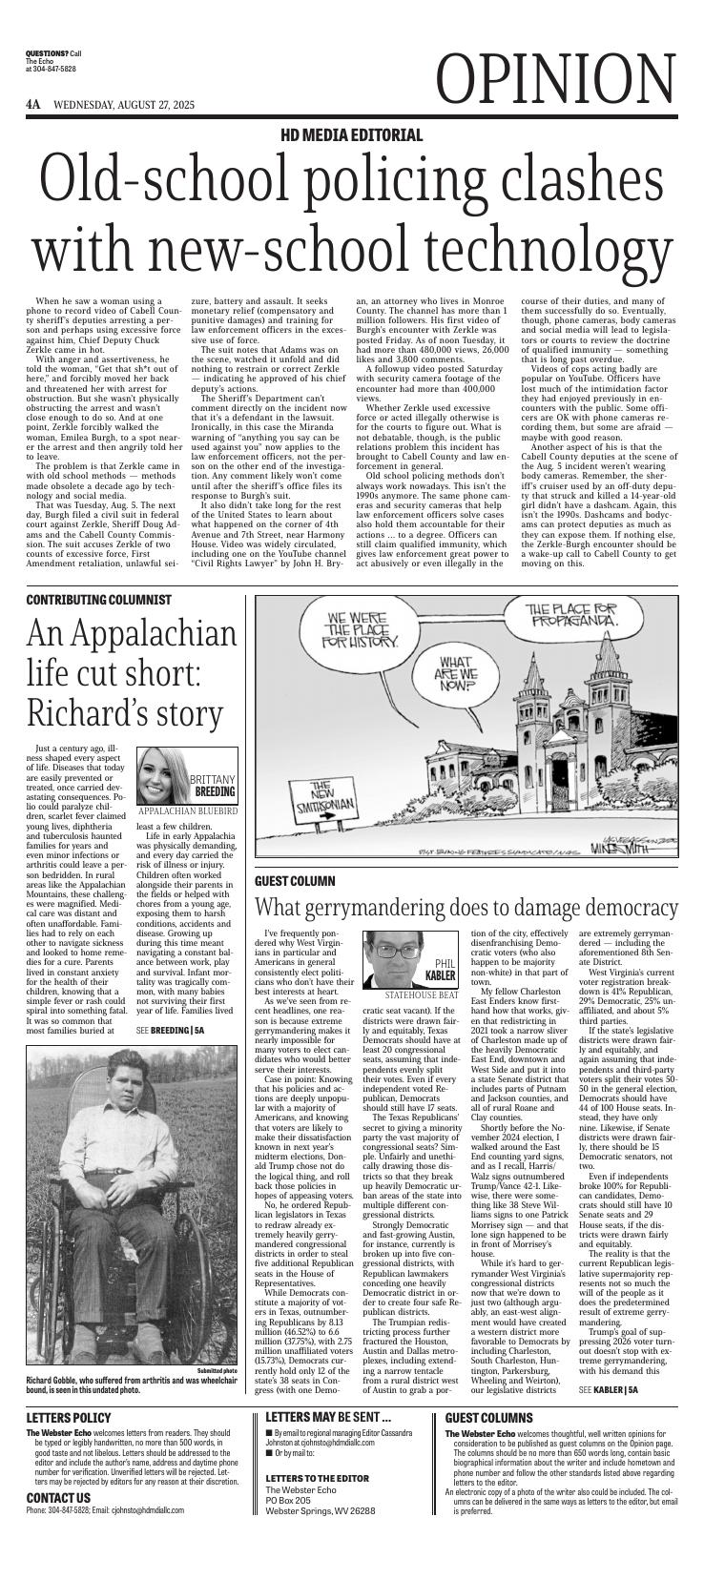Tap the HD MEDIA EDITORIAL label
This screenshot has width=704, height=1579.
click(351, 135)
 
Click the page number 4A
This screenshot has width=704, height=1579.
click(33, 104)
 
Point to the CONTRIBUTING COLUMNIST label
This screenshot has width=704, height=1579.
click(99, 600)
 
